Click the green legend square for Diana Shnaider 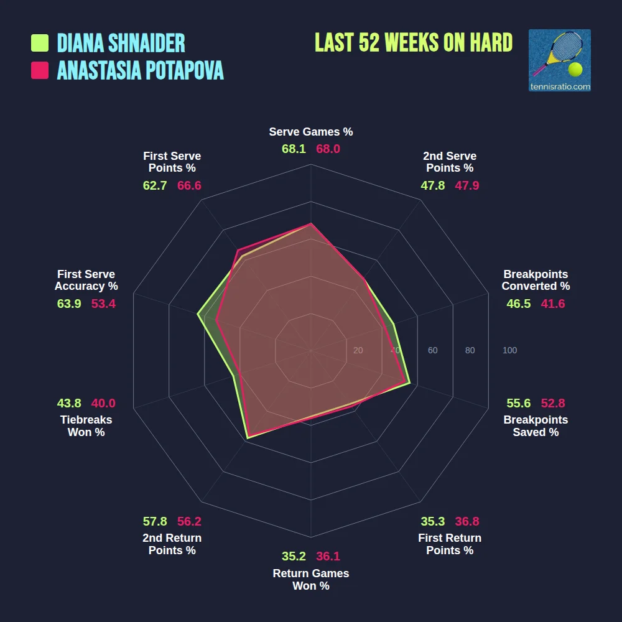click(x=40, y=43)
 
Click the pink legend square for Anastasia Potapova click(x=40, y=70)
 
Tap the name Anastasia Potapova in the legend click(x=140, y=70)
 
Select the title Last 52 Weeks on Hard click(x=414, y=43)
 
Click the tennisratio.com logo click(x=559, y=60)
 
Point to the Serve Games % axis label click(x=311, y=132)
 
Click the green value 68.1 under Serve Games click(x=294, y=149)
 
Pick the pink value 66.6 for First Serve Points click(x=189, y=185)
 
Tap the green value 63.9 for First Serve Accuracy click(x=69, y=304)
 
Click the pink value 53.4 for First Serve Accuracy click(x=103, y=304)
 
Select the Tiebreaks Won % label click(x=86, y=426)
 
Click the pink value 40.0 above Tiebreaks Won click(x=103, y=403)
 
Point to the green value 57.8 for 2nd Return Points click(x=155, y=521)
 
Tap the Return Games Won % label click(x=311, y=579)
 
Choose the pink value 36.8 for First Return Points click(x=467, y=521)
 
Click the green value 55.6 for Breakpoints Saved click(x=519, y=403)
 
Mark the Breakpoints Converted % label click(x=536, y=280)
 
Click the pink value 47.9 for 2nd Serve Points click(x=467, y=185)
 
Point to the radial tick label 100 click(x=509, y=351)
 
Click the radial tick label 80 click(x=470, y=351)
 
